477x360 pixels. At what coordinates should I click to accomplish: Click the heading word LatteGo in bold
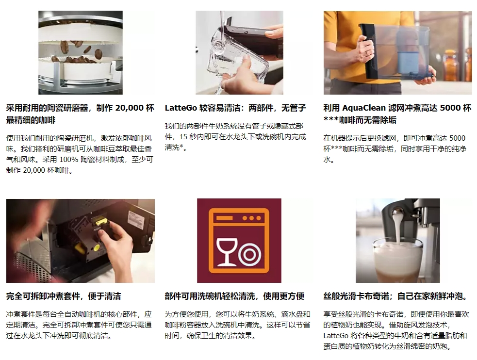(x=181, y=108)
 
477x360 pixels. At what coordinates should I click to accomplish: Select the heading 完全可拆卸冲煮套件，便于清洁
(x=64, y=296)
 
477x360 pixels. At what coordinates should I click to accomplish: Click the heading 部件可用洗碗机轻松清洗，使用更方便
(x=234, y=296)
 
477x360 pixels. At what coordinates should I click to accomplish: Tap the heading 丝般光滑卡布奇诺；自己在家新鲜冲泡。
(x=395, y=296)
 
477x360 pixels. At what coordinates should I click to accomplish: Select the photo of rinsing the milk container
(x=239, y=52)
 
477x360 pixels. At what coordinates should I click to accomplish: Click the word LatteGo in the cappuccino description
(x=336, y=336)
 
